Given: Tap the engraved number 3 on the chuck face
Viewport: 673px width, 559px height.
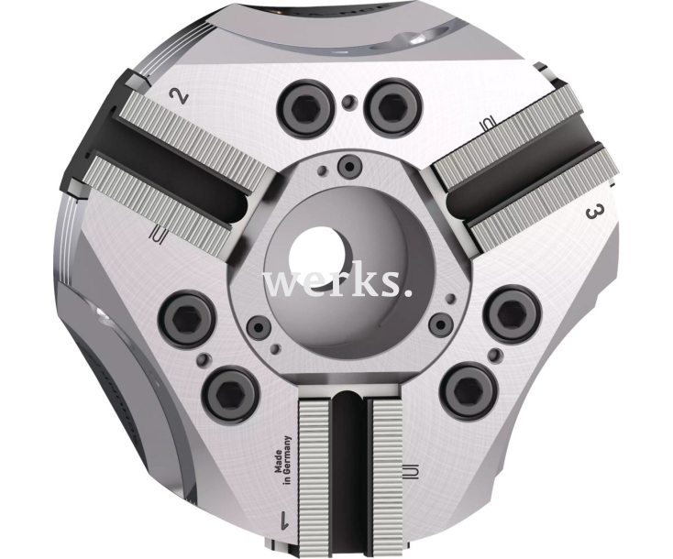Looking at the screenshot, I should coord(593,213).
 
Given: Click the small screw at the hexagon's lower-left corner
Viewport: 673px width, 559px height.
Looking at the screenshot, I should coord(261,325).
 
